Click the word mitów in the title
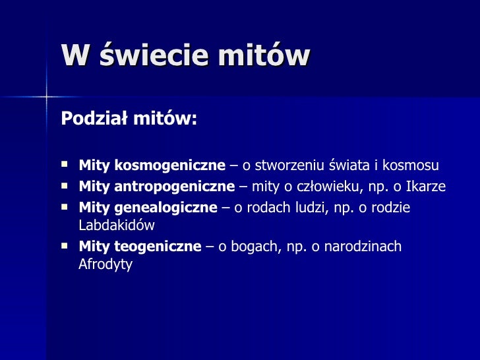265,56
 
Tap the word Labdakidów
116,225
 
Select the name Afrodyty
105,264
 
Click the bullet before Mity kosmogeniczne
64,164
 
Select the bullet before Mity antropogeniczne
64,185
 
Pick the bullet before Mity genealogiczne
64,206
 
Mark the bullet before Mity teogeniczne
64,245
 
